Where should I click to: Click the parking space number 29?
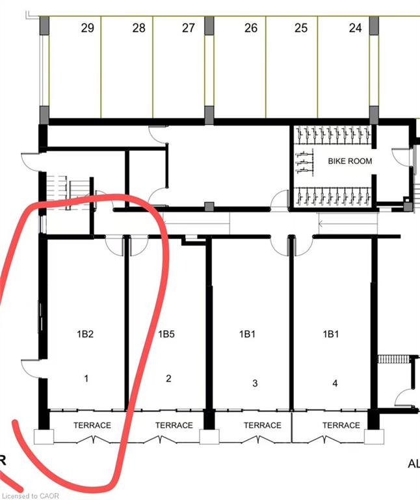coord(88,28)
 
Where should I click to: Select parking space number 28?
coord(139,28)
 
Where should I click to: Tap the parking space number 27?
coord(188,28)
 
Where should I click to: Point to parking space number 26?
coord(251,28)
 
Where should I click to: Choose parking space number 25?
coord(301,28)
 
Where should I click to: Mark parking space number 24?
coord(356,28)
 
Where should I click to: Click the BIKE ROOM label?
coord(350,161)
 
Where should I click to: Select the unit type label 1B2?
coord(85,334)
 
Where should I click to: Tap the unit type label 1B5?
coord(166,334)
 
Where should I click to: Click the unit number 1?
coord(86,378)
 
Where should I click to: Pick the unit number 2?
coord(168,378)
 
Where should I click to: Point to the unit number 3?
coord(255,383)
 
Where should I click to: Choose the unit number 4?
coord(335,383)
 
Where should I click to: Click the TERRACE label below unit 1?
coord(92,425)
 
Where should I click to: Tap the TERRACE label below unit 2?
coord(174,425)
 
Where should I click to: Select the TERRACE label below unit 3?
coord(263,425)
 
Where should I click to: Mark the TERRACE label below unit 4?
coord(341,425)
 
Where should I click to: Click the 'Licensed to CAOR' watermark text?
coord(31,496)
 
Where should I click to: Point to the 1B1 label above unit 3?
coord(248,334)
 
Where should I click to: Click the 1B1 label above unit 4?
coord(331,334)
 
